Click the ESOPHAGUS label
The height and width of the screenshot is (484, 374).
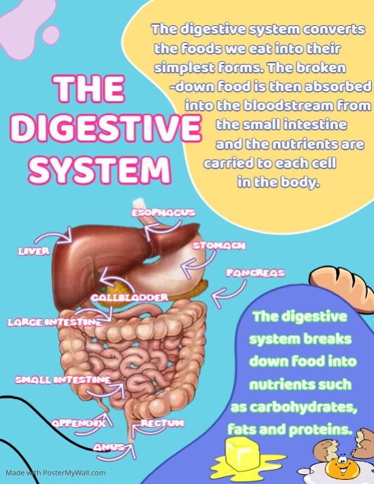coord(163,213)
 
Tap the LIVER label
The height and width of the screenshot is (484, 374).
coord(34,251)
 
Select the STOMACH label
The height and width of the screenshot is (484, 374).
coord(219,246)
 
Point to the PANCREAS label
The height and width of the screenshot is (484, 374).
coord(255,273)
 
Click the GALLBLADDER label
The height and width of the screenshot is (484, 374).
coord(130,297)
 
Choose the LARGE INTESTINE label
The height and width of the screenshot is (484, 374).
coord(55,323)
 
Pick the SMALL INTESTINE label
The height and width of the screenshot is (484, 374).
coord(62,379)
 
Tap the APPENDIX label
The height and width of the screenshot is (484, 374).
coord(79,423)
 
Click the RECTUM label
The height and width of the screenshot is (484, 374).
coord(162,423)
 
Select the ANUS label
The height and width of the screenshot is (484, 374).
coord(109,448)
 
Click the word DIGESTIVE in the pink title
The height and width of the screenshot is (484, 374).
coord(106,128)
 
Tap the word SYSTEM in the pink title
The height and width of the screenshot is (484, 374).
coord(100,170)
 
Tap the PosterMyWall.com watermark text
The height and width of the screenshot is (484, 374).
coord(55,473)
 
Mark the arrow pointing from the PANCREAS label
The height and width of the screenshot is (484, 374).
coord(232,293)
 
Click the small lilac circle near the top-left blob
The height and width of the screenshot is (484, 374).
coord(51,35)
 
